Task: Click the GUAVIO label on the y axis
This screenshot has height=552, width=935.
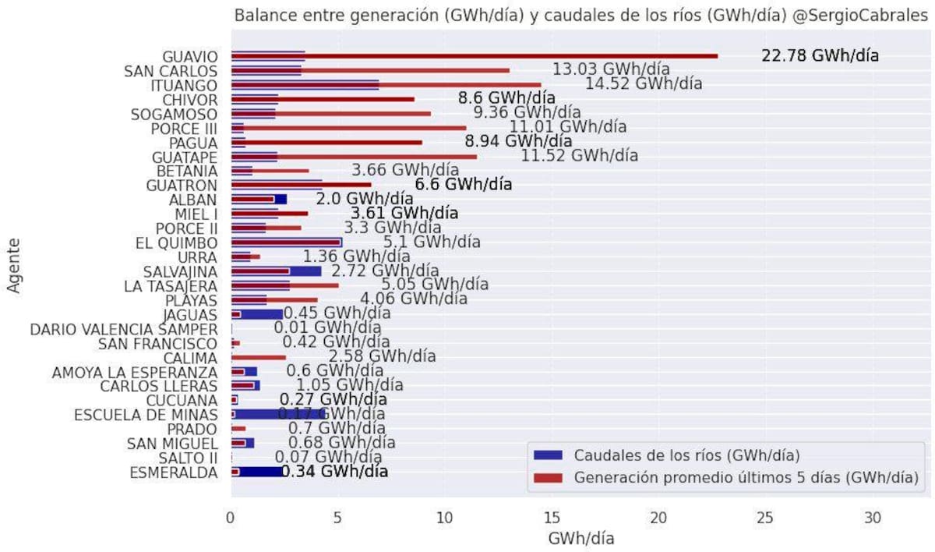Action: (190, 57)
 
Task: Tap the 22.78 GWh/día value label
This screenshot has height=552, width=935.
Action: (820, 56)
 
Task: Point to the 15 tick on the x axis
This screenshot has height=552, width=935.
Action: (552, 518)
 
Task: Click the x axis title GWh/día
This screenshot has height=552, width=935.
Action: (580, 539)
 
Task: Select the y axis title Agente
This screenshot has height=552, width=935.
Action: (13, 265)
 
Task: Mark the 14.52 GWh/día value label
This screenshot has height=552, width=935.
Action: (644, 84)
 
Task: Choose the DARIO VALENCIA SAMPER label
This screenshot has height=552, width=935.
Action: (124, 329)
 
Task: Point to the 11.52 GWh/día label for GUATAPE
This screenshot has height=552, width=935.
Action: (579, 155)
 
